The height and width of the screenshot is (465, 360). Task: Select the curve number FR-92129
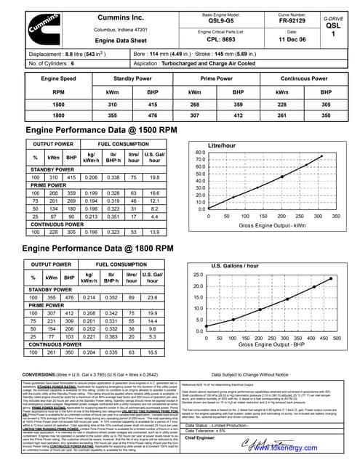coord(292,21)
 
